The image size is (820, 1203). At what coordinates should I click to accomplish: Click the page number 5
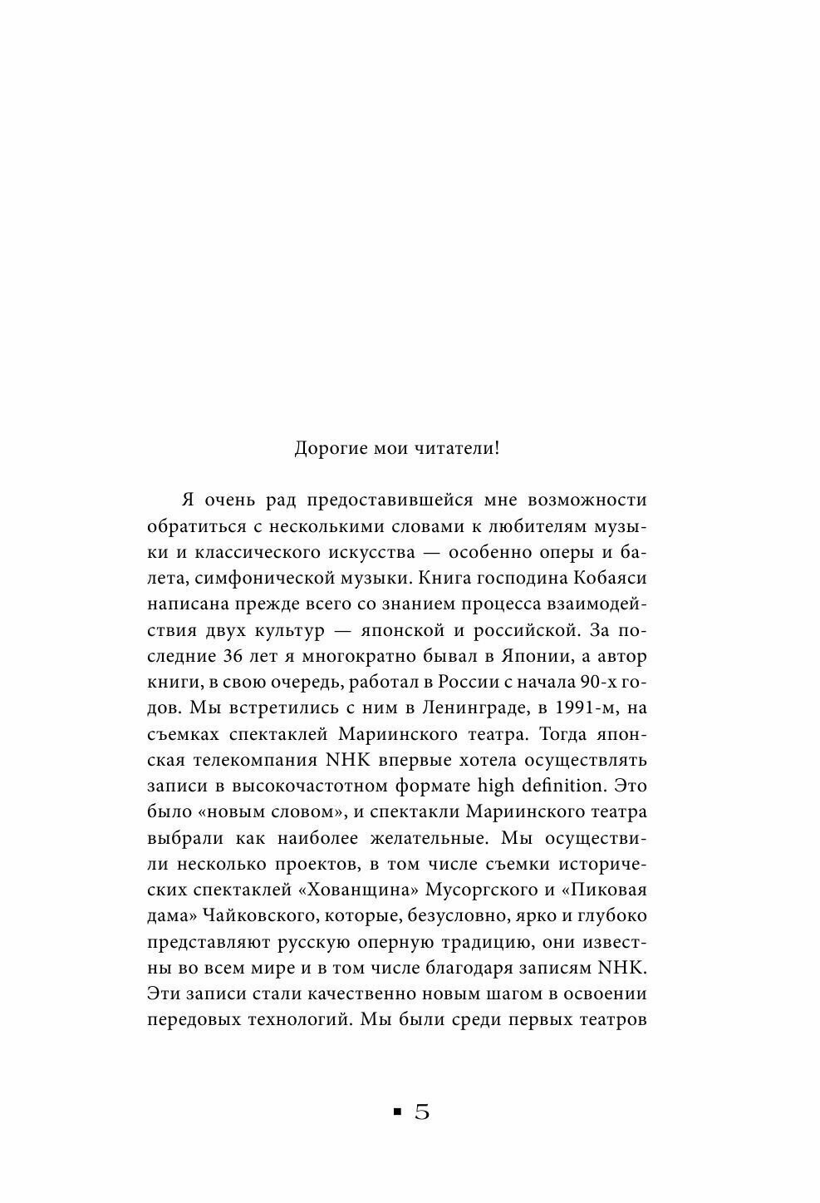(422, 1112)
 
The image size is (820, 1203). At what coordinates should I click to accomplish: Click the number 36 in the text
(235, 655)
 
